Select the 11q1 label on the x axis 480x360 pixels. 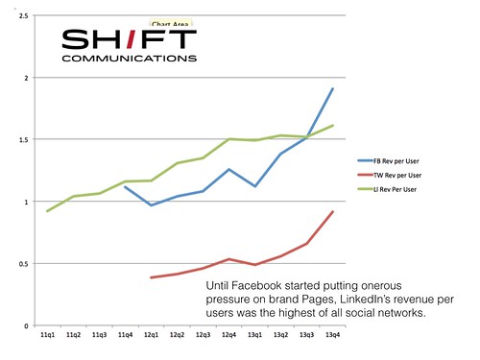tap(47, 335)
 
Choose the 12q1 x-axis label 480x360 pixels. tap(151, 335)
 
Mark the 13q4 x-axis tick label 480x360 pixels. tap(332, 335)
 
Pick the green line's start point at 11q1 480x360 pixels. tap(47, 211)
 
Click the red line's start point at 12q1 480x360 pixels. tap(151, 277)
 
